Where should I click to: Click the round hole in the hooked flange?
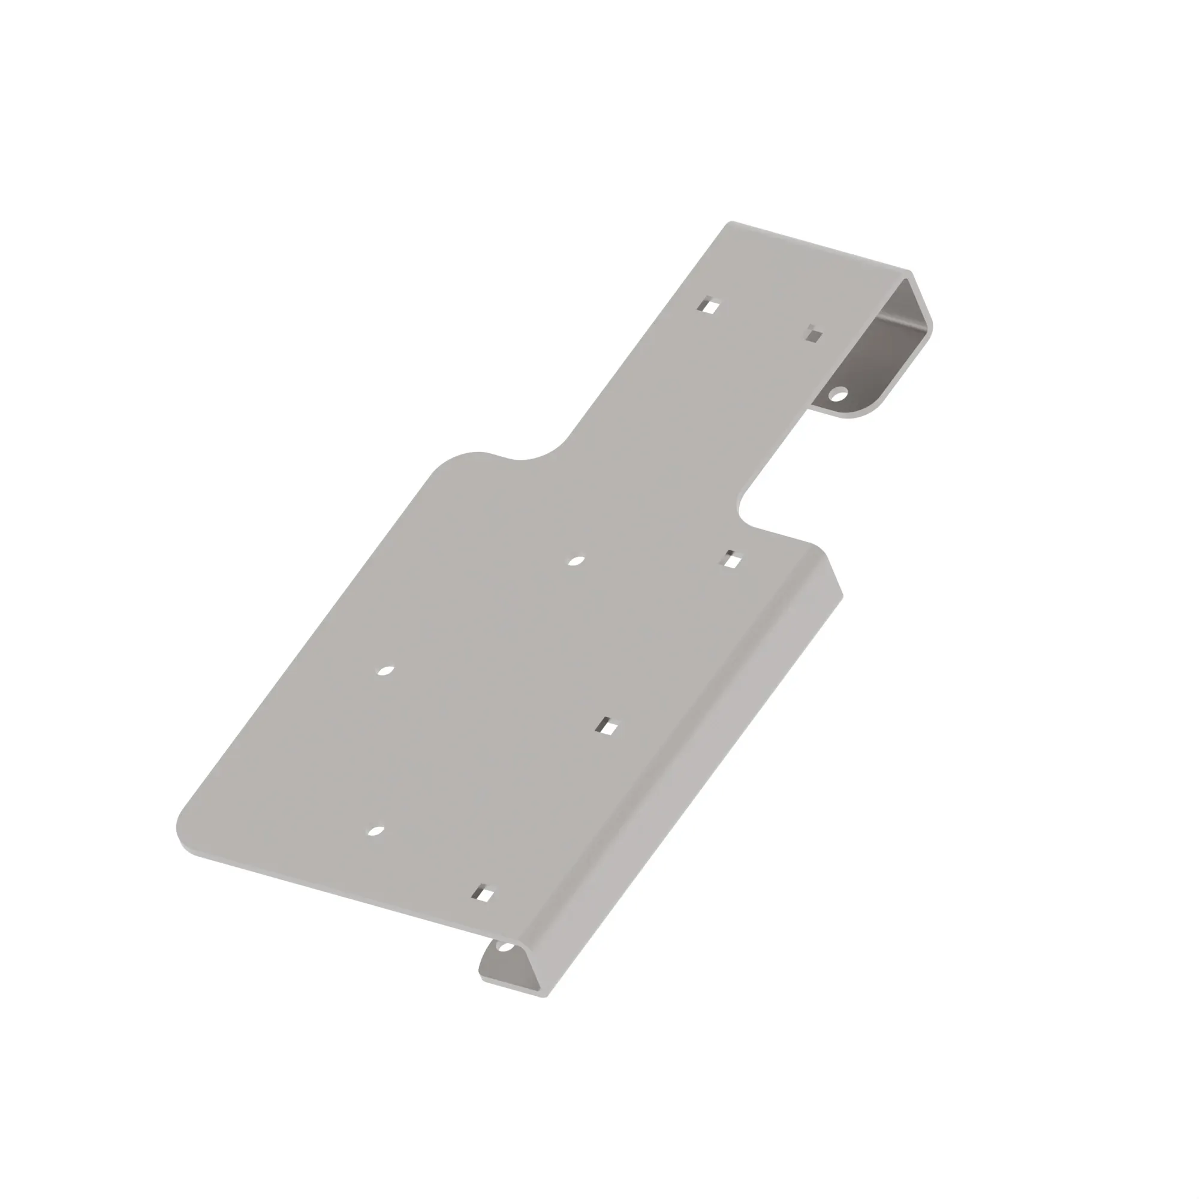(x=839, y=393)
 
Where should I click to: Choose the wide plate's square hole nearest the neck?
(x=733, y=561)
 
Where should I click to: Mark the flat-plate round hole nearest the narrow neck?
(x=577, y=561)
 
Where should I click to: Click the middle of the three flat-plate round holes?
(x=385, y=671)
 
